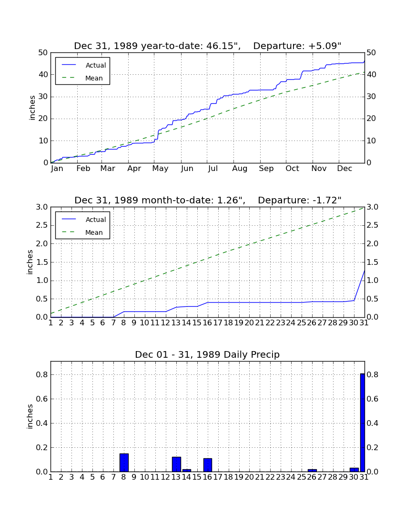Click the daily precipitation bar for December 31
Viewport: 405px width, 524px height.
pos(362,423)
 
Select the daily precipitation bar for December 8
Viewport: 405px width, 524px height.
pos(124,463)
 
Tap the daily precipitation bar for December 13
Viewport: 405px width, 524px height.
pos(176,464)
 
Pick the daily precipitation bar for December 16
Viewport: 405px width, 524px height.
pos(208,465)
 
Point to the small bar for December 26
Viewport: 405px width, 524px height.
pos(312,470)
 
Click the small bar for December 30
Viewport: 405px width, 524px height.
pos(354,470)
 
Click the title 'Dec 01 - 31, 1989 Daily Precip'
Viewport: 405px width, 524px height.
pos(207,354)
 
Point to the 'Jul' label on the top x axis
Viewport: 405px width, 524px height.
pos(213,169)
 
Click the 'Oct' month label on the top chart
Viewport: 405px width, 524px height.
pos(292,169)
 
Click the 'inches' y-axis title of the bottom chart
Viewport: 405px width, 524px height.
pos(30,416)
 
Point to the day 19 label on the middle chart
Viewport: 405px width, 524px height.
pos(239,323)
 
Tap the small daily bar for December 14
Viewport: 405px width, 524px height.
pos(187,470)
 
